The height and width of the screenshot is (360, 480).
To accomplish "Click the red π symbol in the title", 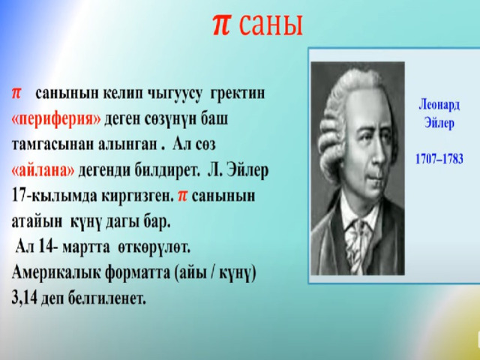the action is click(x=221, y=25).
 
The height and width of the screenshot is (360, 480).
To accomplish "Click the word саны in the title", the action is click(x=270, y=25).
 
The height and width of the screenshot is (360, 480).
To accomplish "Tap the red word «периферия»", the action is click(x=56, y=119).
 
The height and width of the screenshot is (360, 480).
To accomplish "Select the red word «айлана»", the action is click(x=43, y=169).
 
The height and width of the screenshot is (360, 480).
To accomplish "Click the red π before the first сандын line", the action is click(x=16, y=93).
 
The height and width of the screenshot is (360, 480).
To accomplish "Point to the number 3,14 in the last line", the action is click(x=24, y=298).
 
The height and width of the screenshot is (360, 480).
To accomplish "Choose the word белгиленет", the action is click(x=107, y=298).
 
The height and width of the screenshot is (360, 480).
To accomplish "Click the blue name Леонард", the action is click(x=439, y=105).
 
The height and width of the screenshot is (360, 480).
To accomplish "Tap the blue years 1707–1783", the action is click(x=439, y=159).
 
